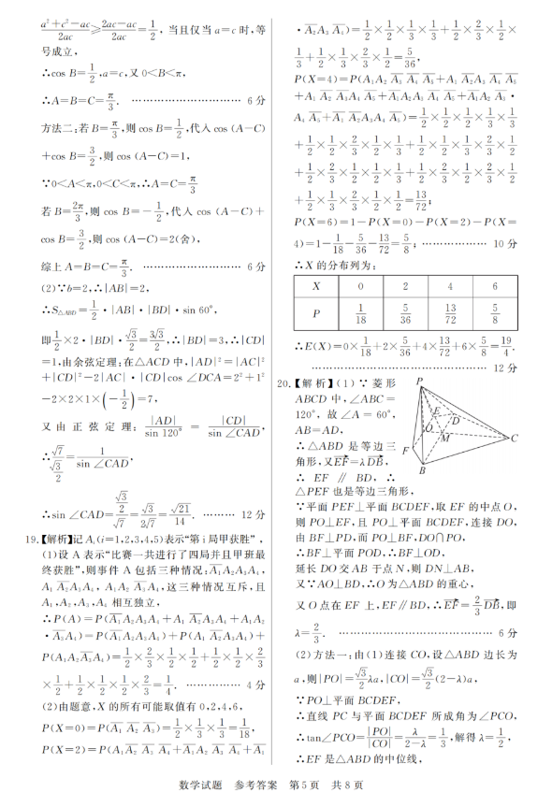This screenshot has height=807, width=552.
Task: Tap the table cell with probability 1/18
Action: coord(360,316)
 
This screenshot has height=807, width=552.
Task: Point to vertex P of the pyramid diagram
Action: coord(420,381)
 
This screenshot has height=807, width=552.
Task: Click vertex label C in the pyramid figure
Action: coord(514,438)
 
